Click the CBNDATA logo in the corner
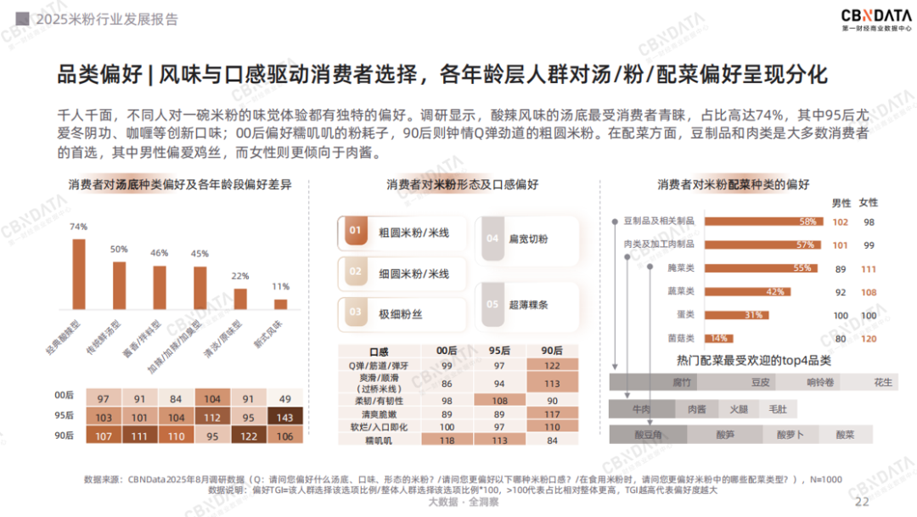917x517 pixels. (876, 20)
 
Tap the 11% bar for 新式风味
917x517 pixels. (281, 304)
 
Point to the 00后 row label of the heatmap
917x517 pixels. (64, 396)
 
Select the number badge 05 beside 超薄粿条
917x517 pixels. (492, 304)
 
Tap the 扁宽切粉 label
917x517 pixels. (530, 239)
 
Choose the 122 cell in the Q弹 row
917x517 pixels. (551, 364)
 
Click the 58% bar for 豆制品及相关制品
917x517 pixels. (762, 222)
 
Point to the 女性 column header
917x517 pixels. (869, 202)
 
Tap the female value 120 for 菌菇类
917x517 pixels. (869, 338)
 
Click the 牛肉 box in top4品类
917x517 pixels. (641, 409)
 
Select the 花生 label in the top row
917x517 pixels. (883, 382)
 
